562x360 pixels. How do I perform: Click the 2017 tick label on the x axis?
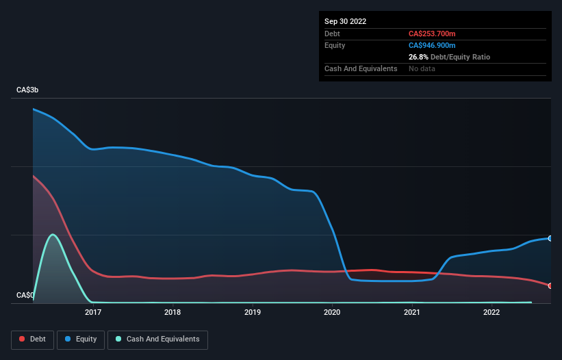93,313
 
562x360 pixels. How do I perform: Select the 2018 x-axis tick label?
173,313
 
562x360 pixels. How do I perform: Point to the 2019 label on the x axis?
253,313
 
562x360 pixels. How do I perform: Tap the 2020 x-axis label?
332,313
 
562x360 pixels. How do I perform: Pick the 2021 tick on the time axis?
412,313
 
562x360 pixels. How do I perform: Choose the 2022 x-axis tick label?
491,313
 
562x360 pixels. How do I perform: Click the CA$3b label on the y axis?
28,90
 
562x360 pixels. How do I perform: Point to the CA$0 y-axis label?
25,295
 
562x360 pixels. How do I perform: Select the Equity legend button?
80,339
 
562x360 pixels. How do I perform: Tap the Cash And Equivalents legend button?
157,339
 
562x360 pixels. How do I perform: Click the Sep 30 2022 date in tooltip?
345,21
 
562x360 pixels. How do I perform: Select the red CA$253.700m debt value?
432,34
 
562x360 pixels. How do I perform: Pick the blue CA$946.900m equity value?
432,45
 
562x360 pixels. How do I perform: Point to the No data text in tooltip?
422,68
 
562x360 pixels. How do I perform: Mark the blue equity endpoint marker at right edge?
550,238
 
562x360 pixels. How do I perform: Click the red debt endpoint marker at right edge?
550,285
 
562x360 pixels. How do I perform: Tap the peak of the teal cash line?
53,235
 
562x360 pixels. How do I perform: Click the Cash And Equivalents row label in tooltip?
361,68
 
